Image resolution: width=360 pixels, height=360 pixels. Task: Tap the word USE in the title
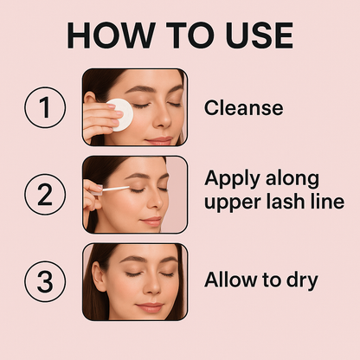coord(260,35)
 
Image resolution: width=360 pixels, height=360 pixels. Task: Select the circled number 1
coord(45,107)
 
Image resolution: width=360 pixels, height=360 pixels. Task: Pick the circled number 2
coord(45,195)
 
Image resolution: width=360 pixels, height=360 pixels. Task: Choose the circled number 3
coord(45,281)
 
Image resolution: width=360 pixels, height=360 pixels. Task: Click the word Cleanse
coord(243,107)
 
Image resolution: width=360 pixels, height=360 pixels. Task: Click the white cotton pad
coord(121,114)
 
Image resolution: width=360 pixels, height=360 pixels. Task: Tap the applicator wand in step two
coord(115,189)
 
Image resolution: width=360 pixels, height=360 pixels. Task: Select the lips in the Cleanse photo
coord(159,141)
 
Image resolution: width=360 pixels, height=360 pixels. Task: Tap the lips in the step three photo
coord(150,307)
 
